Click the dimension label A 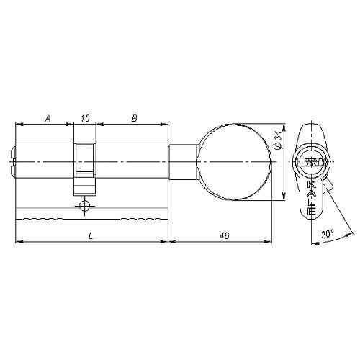coord(48,118)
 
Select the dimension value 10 coord(85,118)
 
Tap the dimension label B coord(135,118)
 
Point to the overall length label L coord(90,236)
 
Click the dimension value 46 coord(225,235)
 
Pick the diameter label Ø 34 coord(278,143)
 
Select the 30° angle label coord(328,234)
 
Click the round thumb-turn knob coord(234,162)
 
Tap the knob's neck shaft coord(184,162)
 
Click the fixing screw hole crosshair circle coord(84,206)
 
